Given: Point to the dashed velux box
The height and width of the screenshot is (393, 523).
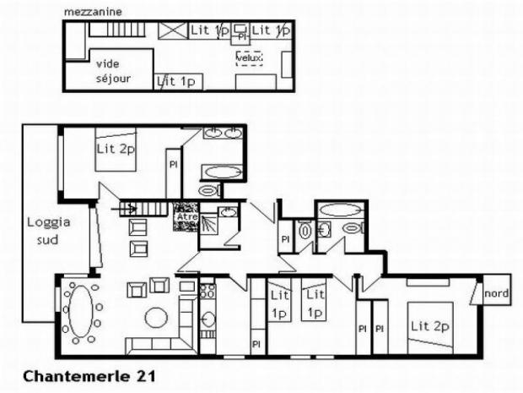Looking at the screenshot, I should click(249, 57).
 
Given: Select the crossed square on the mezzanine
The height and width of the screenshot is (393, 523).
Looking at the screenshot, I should click(173, 30).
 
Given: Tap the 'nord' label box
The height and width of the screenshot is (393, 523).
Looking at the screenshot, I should click(496, 292).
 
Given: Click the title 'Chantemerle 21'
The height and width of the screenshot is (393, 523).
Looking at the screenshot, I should click(77, 373).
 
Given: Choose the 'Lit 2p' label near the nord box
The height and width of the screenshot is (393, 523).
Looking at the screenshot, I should click(429, 325).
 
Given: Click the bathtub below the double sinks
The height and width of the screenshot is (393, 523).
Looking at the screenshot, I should click(221, 171).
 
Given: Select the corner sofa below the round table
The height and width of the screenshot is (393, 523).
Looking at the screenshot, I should click(160, 345).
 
